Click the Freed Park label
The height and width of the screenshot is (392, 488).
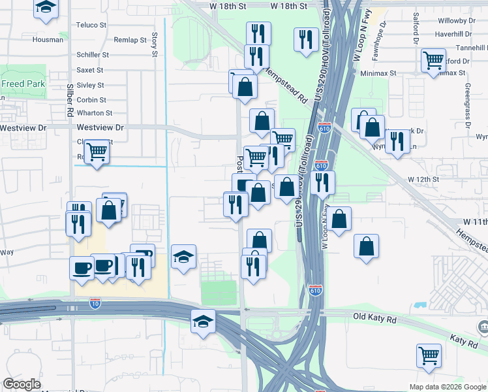tap(22, 84)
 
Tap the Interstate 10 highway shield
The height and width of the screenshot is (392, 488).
tap(95, 302)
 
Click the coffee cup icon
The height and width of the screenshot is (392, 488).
tap(82, 267)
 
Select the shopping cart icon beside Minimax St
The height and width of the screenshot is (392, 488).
tap(433, 61)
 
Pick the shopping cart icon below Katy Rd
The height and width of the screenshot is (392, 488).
tap(429, 355)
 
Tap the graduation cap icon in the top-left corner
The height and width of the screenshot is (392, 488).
tap(45, 7)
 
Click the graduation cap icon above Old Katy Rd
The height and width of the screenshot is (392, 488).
tap(203, 321)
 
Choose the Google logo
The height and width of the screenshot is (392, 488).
tap(22, 384)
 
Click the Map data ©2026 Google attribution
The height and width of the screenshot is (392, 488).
tap(447, 387)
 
